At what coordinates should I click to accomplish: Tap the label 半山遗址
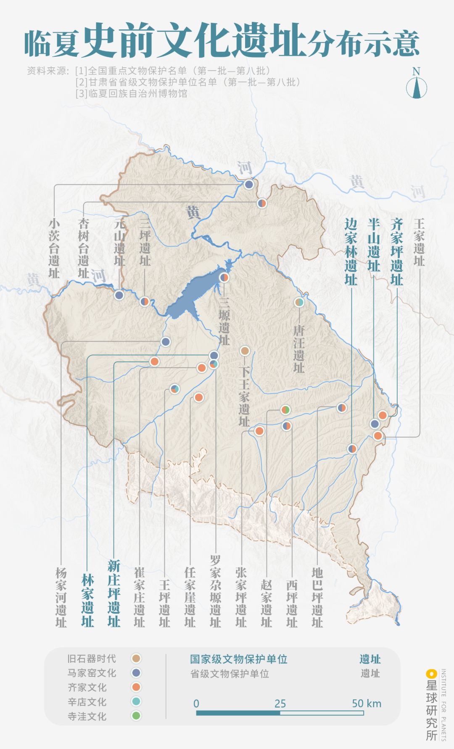(374, 245)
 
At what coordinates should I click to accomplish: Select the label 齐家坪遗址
(396, 251)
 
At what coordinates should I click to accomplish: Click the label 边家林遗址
(351, 251)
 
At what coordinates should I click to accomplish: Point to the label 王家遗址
(419, 242)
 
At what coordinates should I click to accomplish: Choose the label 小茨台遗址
(54, 248)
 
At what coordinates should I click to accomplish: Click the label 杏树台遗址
(84, 248)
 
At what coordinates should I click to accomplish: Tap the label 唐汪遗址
(298, 349)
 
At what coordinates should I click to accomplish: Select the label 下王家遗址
(244, 396)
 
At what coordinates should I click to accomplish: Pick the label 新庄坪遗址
(114, 593)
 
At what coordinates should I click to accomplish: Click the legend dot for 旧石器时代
(136, 659)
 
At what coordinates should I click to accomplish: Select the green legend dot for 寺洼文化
(136, 716)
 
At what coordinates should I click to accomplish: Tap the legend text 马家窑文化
(92, 673)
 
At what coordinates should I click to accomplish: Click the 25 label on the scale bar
(280, 704)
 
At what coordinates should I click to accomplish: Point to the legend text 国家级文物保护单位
(238, 659)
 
